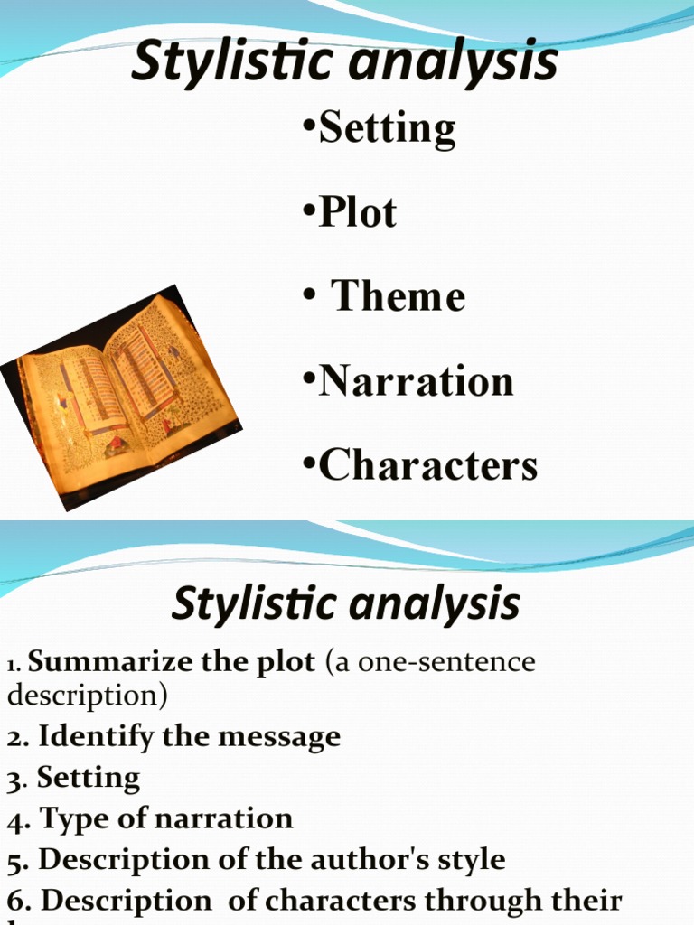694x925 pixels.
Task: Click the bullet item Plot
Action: tap(359, 213)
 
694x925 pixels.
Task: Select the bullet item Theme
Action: tap(399, 297)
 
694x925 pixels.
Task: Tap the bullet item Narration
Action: tap(417, 381)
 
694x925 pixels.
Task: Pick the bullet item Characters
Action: tap(429, 465)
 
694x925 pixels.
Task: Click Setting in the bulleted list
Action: tap(388, 128)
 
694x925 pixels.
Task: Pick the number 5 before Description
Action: tap(13, 860)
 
